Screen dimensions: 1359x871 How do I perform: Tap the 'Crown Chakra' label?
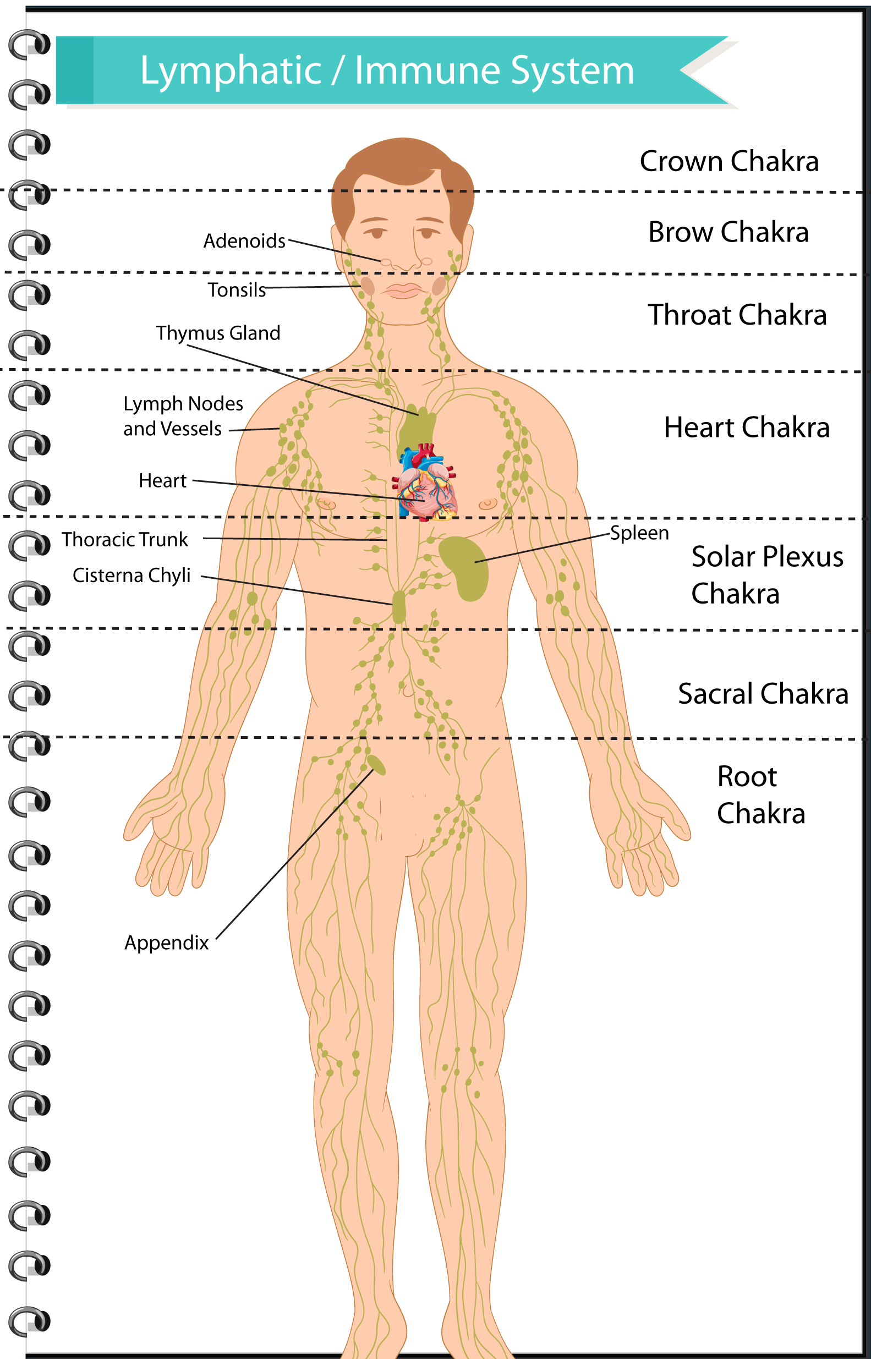point(729,161)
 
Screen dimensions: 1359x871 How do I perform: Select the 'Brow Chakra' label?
point(728,232)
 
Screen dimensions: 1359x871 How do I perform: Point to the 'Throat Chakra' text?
point(737,315)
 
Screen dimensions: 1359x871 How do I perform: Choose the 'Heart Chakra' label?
point(747,427)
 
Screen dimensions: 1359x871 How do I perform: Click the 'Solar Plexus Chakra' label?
point(766,574)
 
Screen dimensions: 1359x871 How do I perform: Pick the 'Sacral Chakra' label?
point(763,693)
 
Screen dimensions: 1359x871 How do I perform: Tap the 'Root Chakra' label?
point(760,794)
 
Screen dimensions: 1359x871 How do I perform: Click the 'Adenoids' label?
point(244,241)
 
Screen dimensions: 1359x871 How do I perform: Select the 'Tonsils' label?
point(237,289)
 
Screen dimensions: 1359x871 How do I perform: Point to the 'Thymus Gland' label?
point(218,332)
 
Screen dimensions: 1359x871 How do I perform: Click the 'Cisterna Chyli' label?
point(131,575)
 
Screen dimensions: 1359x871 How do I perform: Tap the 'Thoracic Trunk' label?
point(124,540)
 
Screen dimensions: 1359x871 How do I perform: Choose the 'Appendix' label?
point(166,942)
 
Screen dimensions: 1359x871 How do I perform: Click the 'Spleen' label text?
point(639,533)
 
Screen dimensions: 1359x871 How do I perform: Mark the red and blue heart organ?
point(425,484)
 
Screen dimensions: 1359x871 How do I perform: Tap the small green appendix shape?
point(376,765)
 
